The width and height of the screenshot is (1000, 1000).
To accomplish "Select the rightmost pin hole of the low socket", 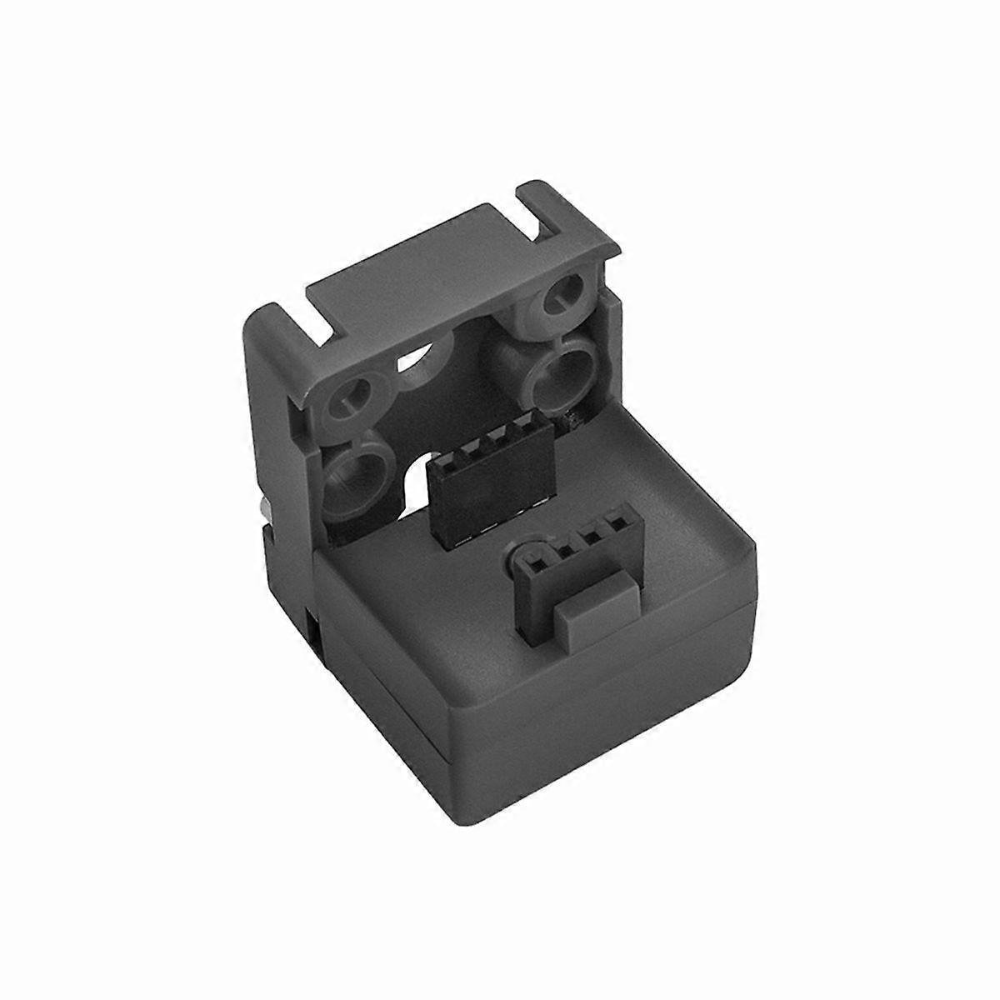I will click(x=618, y=526).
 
